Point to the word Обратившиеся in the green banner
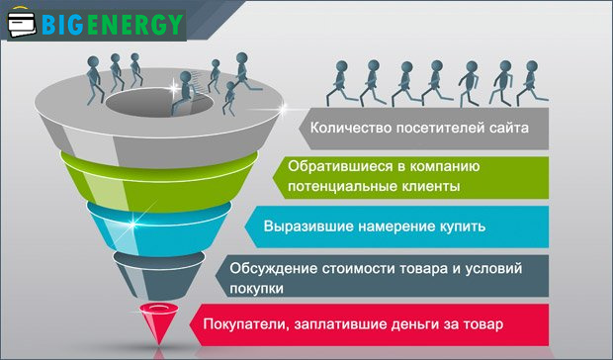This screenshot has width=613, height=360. (332, 166)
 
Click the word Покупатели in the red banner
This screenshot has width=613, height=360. (242, 324)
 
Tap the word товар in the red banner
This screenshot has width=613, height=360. (483, 324)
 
